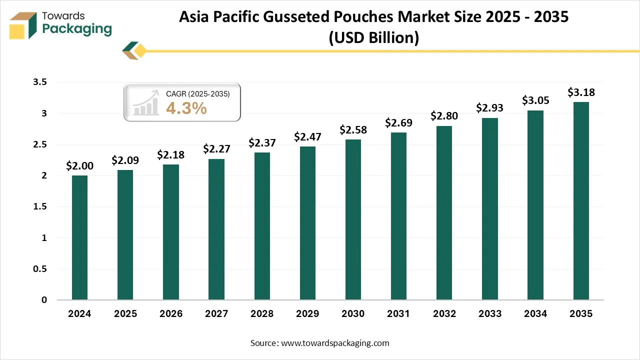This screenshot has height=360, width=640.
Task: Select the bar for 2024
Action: (79, 237)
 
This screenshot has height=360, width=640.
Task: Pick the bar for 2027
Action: (216, 229)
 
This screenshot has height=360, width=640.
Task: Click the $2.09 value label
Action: (125, 160)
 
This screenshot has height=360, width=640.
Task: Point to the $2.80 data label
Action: (444, 116)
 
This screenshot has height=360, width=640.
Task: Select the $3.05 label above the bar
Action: (535, 100)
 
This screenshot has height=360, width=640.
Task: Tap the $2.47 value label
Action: (307, 136)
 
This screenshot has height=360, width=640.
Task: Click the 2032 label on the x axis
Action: (444, 314)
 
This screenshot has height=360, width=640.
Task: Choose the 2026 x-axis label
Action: (170, 314)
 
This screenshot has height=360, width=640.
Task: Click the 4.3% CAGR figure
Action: (186, 108)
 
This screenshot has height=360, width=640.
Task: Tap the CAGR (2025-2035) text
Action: (197, 93)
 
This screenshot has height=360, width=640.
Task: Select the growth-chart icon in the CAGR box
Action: (145, 104)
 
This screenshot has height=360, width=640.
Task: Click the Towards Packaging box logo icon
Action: (23, 25)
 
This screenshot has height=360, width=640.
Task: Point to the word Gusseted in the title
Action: (311, 17)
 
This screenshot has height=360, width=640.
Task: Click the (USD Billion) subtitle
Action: (373, 37)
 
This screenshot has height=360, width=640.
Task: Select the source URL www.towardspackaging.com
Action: (334, 343)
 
